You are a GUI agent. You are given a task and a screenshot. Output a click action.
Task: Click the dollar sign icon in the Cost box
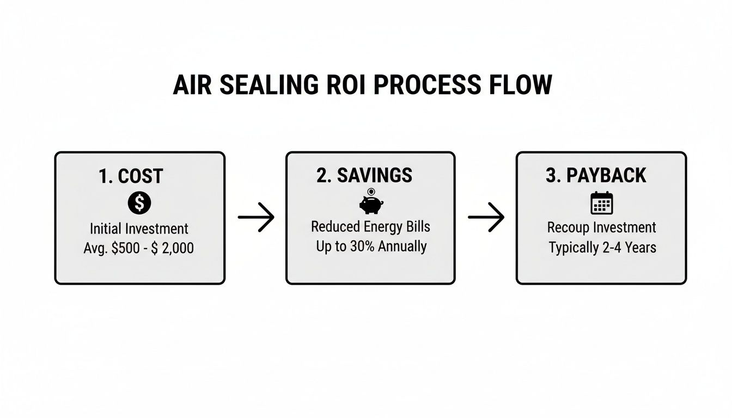pos(139,203)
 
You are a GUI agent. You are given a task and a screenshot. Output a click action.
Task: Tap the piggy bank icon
pos(371,202)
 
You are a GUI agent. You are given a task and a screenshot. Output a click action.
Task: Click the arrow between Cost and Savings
pos(256,218)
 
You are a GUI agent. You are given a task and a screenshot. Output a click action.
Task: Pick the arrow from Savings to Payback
pos(486,218)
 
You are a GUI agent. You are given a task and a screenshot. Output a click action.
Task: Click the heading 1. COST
pos(131,176)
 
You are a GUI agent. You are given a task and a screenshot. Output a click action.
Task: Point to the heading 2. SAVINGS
pos(364,175)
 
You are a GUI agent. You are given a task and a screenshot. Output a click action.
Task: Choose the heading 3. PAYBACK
pos(596,175)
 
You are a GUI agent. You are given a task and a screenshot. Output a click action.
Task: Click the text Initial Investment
pos(139,229)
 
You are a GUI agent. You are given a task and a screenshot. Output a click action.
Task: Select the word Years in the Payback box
pos(640,248)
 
